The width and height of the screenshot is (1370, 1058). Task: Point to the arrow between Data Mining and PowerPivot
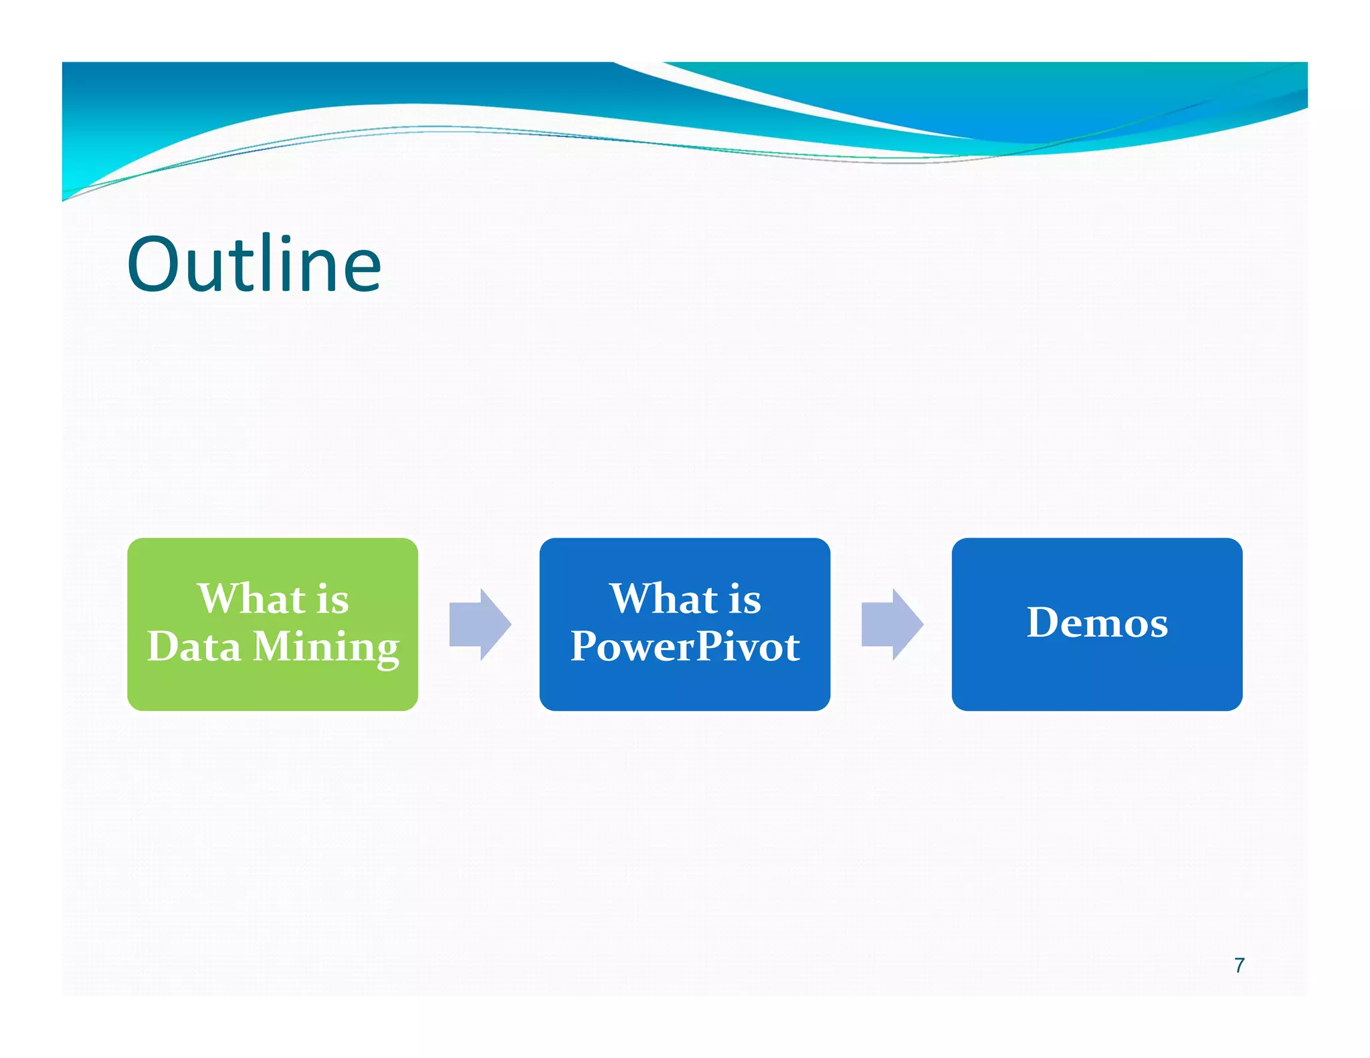coord(480,624)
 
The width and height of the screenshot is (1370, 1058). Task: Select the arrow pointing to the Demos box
coord(892,624)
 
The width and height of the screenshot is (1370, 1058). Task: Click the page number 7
coord(1240,965)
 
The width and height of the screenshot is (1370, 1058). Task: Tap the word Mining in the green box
coord(326,647)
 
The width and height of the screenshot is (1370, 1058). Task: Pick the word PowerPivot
coord(685,647)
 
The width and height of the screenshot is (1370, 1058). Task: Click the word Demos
coord(1097,623)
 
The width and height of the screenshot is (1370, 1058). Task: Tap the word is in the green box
coord(332,599)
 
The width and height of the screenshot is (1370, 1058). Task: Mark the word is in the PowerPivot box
coord(745,599)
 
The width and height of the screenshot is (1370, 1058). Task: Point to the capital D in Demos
coord(1045,623)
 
